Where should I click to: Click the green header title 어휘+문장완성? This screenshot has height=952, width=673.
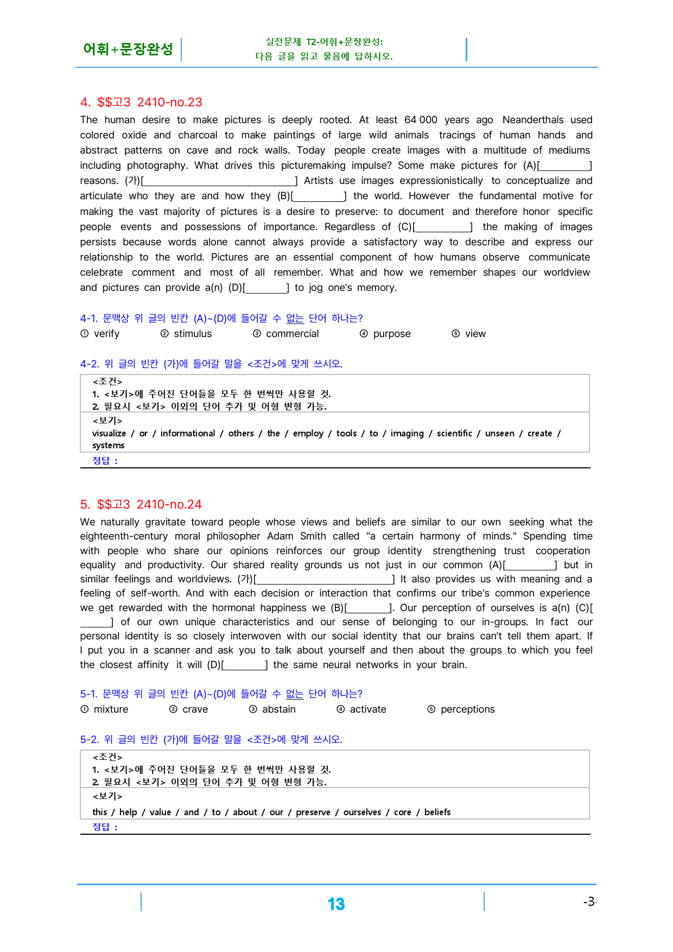[x=128, y=49]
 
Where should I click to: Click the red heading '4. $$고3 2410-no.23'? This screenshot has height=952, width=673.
[x=141, y=102]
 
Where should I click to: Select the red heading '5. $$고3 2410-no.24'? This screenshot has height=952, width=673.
[x=141, y=504]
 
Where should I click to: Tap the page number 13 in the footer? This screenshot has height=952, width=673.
[x=336, y=904]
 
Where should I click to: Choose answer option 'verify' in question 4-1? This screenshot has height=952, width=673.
[x=106, y=334]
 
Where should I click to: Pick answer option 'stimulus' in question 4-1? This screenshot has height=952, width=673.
[x=193, y=334]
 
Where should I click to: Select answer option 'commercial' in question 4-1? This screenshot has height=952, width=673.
[x=292, y=334]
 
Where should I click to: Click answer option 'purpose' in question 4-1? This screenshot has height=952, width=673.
[x=391, y=334]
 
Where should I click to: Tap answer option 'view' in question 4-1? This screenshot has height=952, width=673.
[x=475, y=334]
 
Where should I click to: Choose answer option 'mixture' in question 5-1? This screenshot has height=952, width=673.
[x=111, y=709]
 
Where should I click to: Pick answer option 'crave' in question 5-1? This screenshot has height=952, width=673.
[x=195, y=709]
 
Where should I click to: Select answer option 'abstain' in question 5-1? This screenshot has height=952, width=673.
[x=279, y=709]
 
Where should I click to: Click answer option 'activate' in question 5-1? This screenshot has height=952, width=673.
[x=368, y=709]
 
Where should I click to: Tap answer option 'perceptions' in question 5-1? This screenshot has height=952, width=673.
[x=467, y=709]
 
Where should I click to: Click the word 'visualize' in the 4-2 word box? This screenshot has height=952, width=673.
[x=109, y=433]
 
